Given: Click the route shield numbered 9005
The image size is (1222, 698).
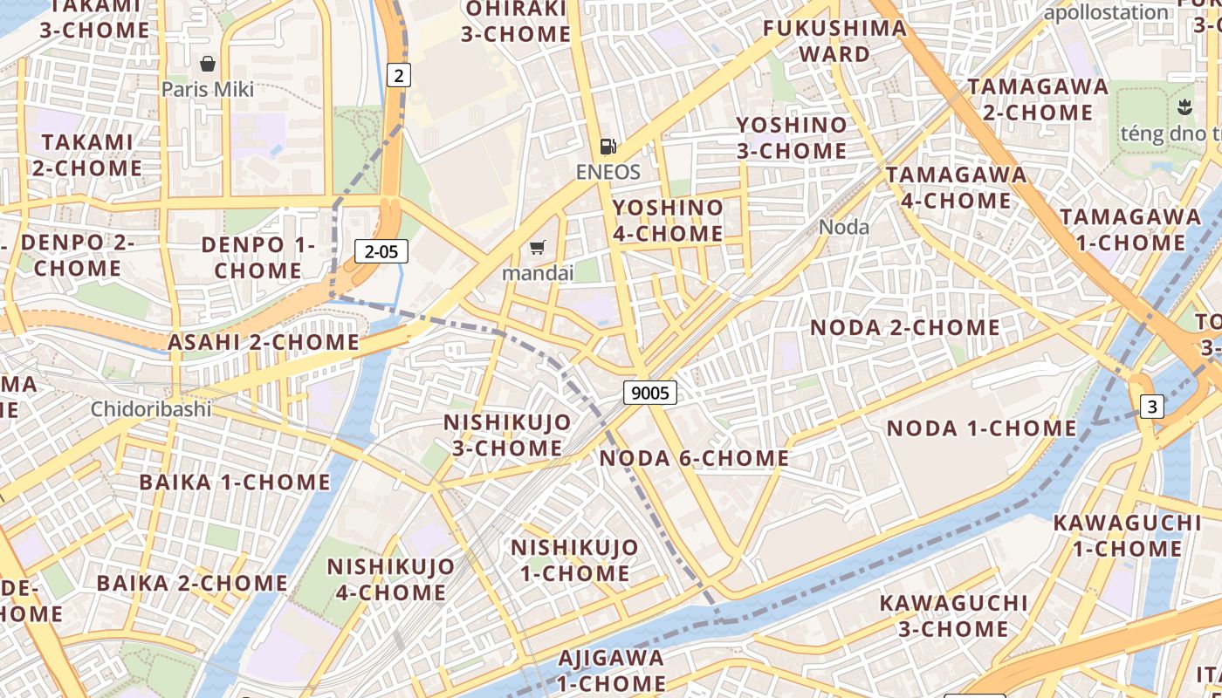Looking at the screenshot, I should coord(650,393).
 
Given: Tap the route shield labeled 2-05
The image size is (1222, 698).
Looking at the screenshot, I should coord(381,252).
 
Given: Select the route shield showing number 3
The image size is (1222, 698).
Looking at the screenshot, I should coord(1152,406).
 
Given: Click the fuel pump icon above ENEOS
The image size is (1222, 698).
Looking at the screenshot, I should coord(608,147).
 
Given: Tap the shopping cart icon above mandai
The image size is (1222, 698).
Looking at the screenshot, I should coord(538,249).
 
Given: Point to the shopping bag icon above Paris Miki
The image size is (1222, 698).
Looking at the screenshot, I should coord(208,64).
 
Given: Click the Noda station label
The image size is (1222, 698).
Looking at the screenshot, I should coord(844,228).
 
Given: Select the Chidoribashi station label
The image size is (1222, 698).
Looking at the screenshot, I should coord(151,408).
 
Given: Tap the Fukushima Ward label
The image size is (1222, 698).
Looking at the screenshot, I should coord(834,41).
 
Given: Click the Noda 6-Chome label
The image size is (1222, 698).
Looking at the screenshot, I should coord(695,458).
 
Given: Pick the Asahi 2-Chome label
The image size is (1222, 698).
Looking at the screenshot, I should coord(264,343).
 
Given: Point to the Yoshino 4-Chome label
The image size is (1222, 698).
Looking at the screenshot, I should coord(668,221).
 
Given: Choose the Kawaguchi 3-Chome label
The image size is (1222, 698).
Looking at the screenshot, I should coord(941,616).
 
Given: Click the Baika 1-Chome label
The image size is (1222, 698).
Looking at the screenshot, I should coord(235,482).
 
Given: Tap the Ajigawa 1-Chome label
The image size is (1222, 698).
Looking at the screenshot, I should coord(611,670).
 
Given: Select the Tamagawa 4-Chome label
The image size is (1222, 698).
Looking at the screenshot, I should coord(956,188).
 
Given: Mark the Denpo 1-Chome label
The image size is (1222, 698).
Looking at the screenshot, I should coord(257,257).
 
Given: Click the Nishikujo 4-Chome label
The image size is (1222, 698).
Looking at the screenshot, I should coord(390,579).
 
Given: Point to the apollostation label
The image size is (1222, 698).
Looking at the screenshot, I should coord(1106,12).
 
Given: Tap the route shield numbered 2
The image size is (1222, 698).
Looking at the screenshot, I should coord(398,75).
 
